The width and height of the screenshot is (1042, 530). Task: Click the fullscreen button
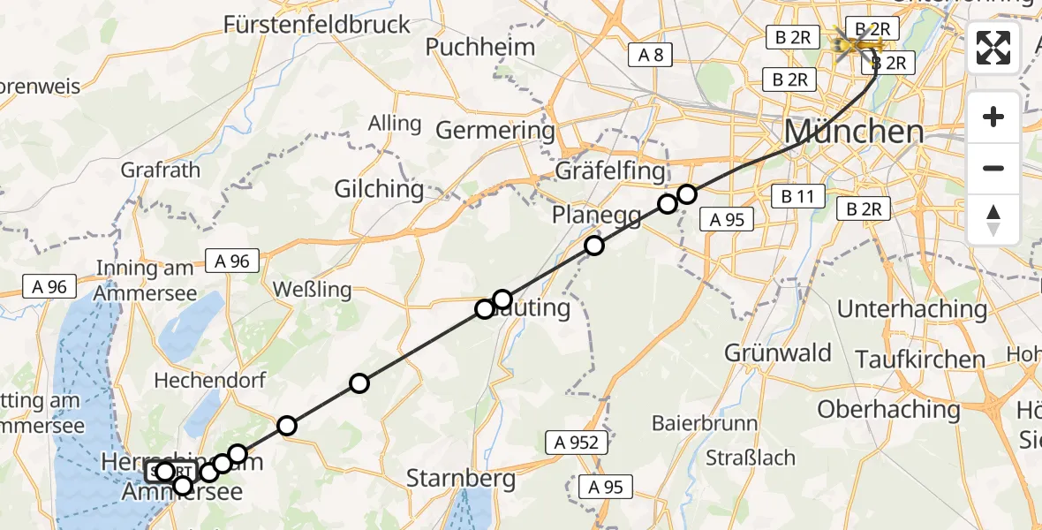[993, 48]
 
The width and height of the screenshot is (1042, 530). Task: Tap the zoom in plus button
[993, 117]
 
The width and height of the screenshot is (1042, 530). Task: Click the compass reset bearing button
[993, 220]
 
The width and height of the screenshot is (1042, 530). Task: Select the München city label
[854, 132]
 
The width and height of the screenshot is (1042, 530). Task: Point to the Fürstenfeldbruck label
[317, 24]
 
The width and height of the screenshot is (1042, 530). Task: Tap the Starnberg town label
[461, 480]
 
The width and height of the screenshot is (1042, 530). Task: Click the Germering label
[495, 131]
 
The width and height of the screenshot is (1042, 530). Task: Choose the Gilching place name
[379, 189]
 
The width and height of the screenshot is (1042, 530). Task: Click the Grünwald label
[778, 353]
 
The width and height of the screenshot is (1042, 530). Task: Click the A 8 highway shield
[651, 55]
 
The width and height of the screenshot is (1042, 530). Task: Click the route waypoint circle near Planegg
[594, 246]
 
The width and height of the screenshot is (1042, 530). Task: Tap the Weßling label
[312, 289]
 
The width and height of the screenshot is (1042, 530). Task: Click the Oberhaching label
[888, 410]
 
